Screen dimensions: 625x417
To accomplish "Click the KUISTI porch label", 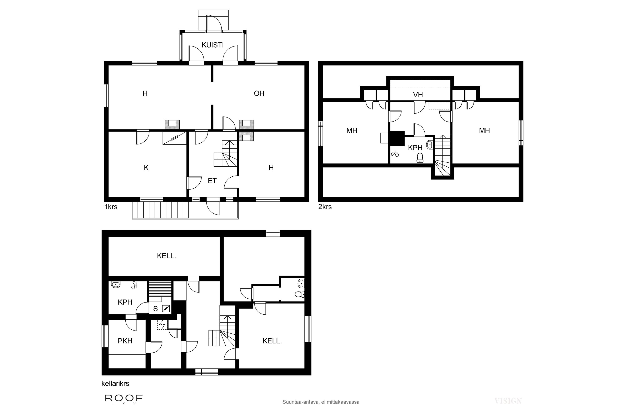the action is [212, 45].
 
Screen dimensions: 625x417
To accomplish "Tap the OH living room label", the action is [259, 93].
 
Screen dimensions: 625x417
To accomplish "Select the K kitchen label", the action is [146, 168].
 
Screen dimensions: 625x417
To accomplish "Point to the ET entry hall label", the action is [212, 181].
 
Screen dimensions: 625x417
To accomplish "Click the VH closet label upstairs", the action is [418, 95].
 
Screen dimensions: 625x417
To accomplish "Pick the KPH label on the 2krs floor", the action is [415, 148].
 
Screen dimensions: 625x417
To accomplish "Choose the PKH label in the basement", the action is [125, 341].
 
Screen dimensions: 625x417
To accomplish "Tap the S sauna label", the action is [155, 309].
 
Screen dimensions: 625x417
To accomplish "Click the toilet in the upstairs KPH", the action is [420, 158].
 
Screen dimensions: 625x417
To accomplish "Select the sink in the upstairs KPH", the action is [429, 145].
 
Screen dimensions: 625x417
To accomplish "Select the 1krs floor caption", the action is [111, 207].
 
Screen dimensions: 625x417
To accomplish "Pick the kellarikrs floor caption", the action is [115, 383].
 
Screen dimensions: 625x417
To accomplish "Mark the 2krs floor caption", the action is [325, 207].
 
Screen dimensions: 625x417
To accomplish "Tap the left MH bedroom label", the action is [352, 131].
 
